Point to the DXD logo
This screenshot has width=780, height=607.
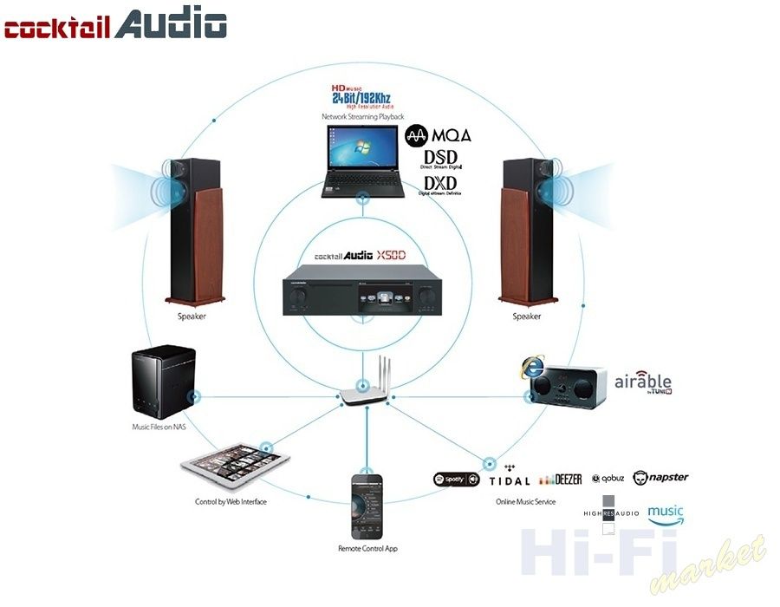(x=441, y=185)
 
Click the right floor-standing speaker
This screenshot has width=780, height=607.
(x=525, y=230)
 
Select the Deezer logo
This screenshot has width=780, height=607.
(x=560, y=480)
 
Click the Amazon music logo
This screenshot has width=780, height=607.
(x=666, y=513)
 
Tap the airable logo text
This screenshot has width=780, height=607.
(x=643, y=382)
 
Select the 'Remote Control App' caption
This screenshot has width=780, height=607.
(x=367, y=549)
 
